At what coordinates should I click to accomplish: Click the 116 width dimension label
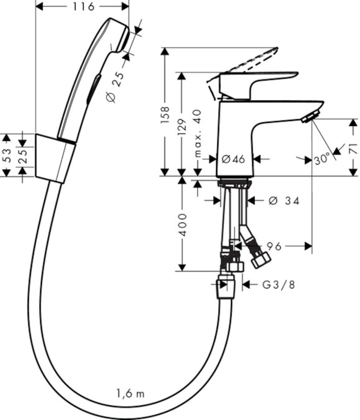coord(82,7)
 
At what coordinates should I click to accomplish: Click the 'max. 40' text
coord(198,133)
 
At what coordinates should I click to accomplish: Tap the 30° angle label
coord(322,159)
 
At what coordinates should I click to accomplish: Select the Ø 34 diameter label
coord(283,201)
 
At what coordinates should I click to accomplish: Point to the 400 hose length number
coord(182,225)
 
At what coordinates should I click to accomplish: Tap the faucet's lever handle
coord(257,81)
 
